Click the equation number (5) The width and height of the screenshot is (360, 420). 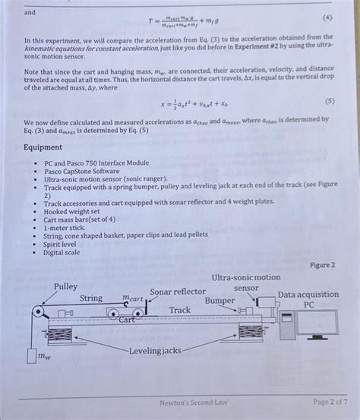pos(327,99)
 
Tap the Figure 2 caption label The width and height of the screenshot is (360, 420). pos(322,265)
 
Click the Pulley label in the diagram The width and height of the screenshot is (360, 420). pos(65,286)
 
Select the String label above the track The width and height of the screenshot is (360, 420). pos(91,298)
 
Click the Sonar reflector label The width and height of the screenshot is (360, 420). pos(177,292)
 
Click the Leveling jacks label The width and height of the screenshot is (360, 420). pos(155,350)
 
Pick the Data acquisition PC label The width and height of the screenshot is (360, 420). pos(308,298)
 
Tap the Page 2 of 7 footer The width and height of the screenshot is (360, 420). pos(328,402)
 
